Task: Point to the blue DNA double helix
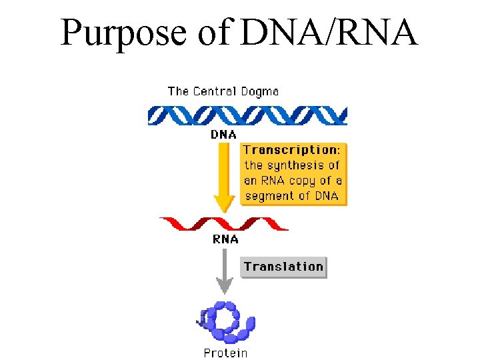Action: click(x=247, y=116)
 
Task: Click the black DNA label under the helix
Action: click(x=224, y=134)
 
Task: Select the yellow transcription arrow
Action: click(x=224, y=173)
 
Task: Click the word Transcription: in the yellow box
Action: click(x=292, y=150)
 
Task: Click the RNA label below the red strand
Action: click(x=225, y=239)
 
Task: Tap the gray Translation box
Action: click(x=283, y=267)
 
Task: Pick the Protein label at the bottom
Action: click(x=225, y=353)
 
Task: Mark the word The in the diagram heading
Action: click(x=178, y=91)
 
